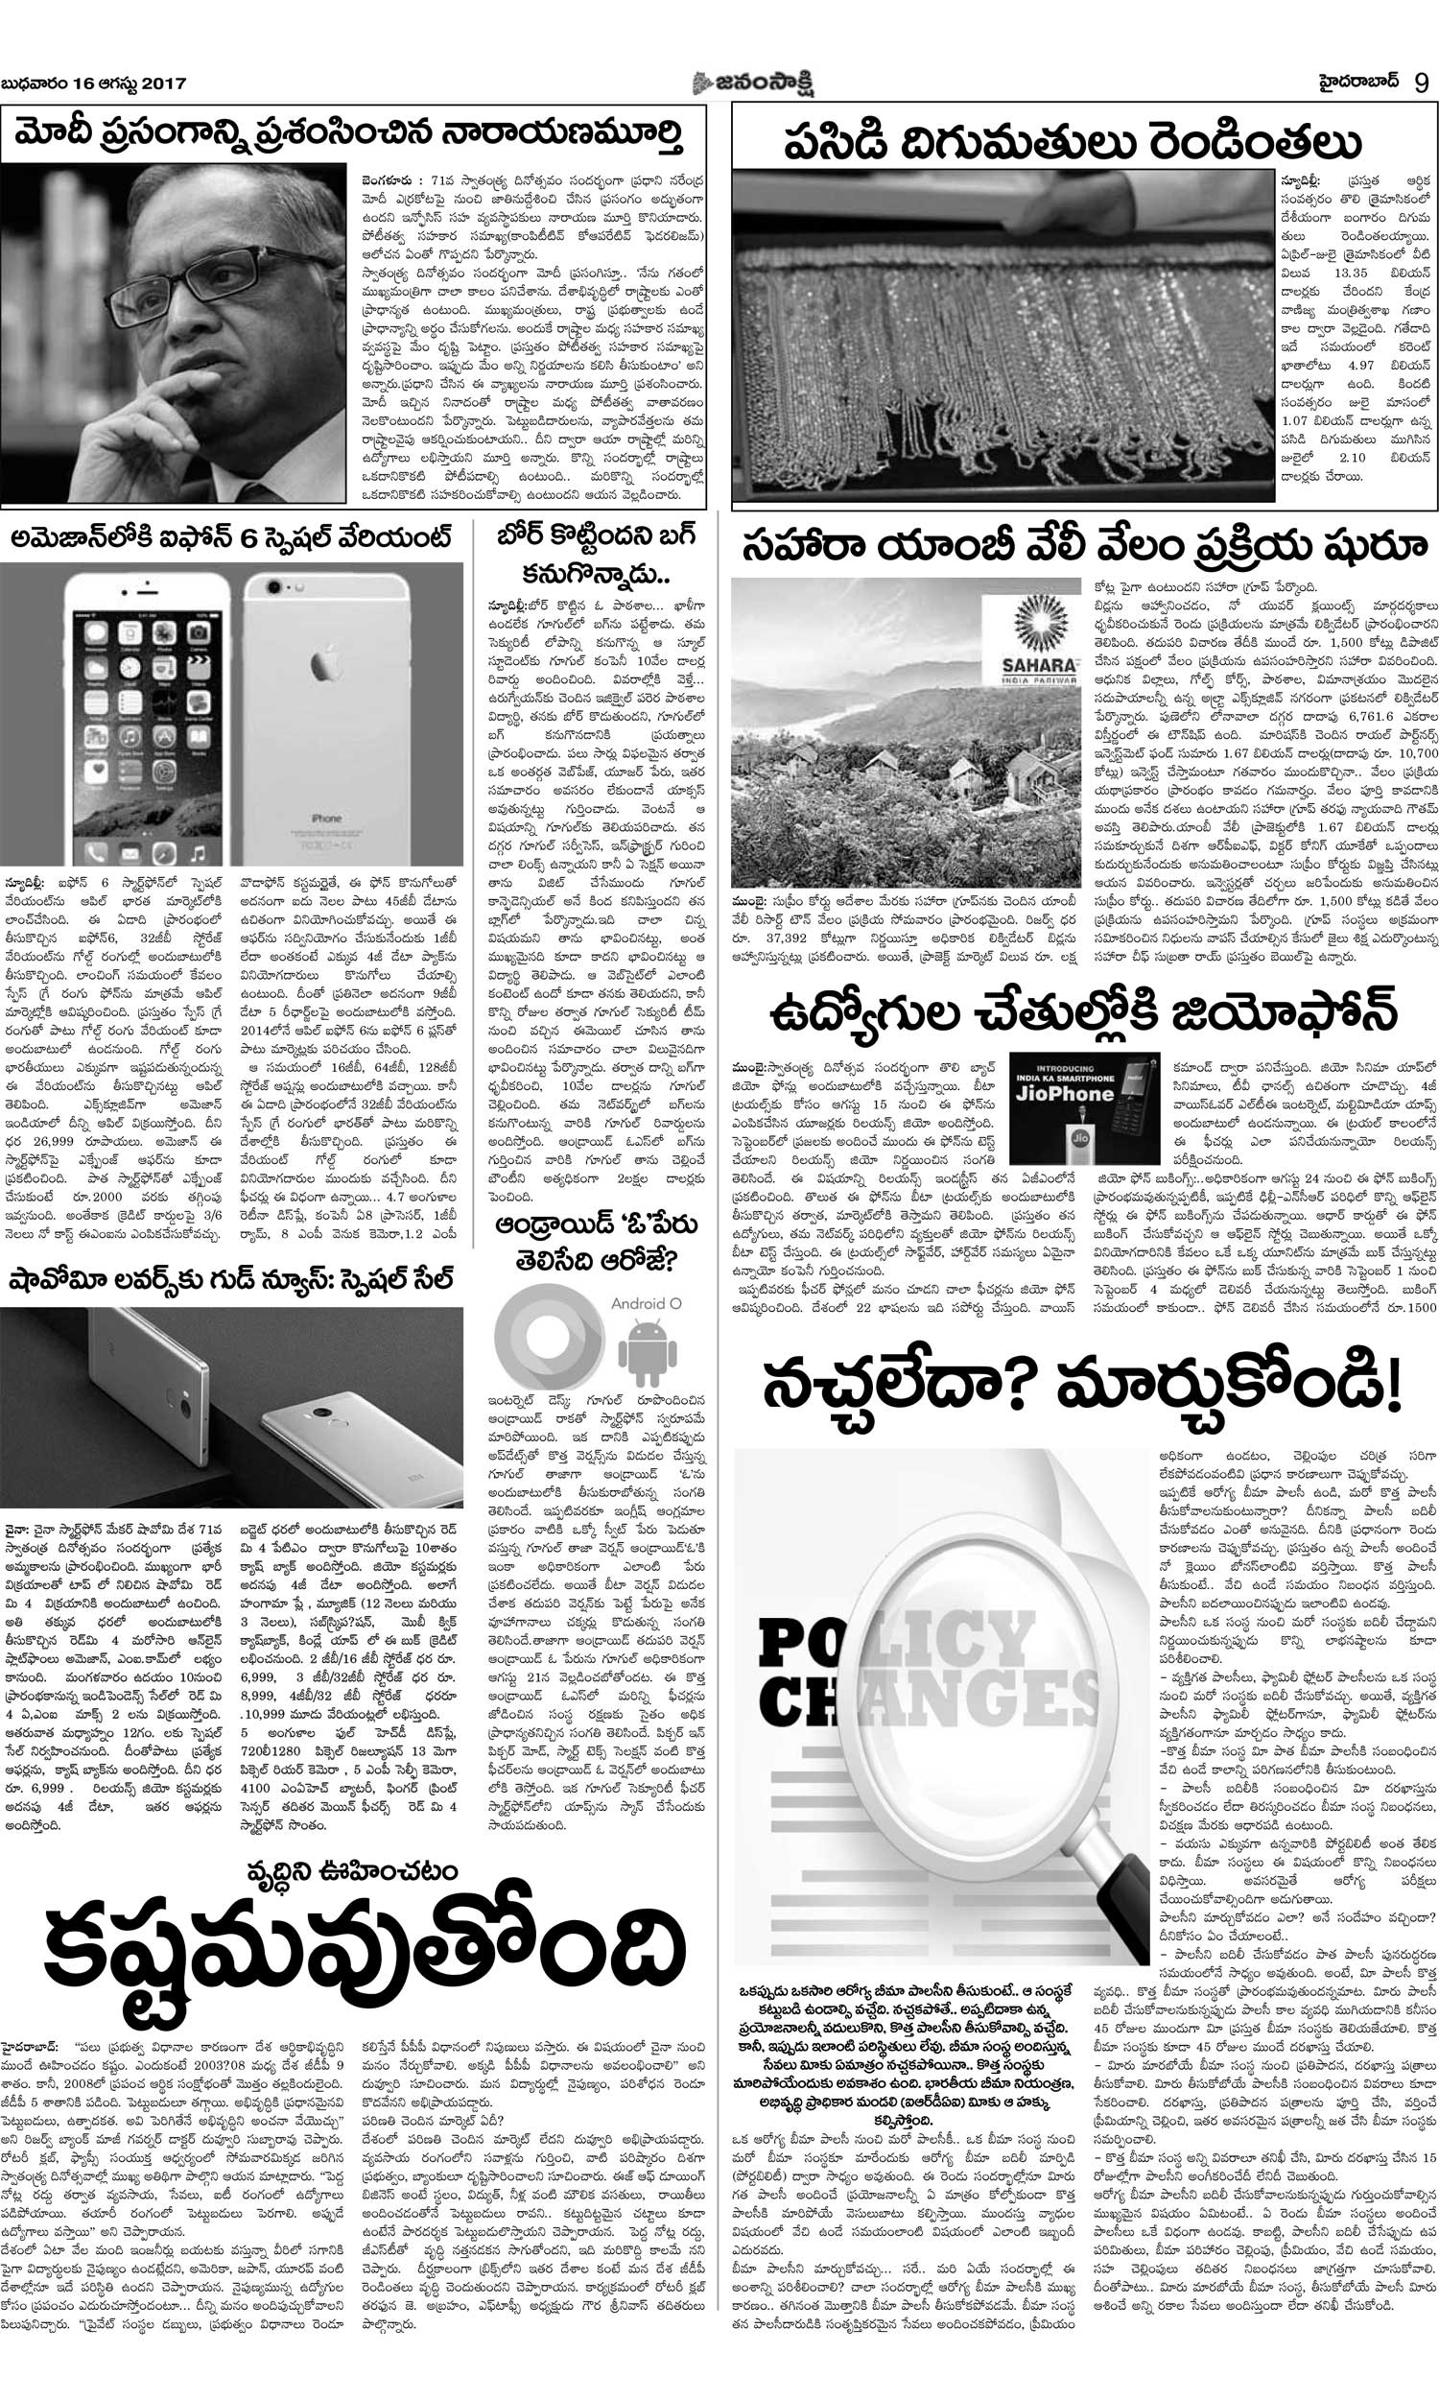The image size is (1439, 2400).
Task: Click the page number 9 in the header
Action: pyautogui.click(x=1421, y=83)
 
